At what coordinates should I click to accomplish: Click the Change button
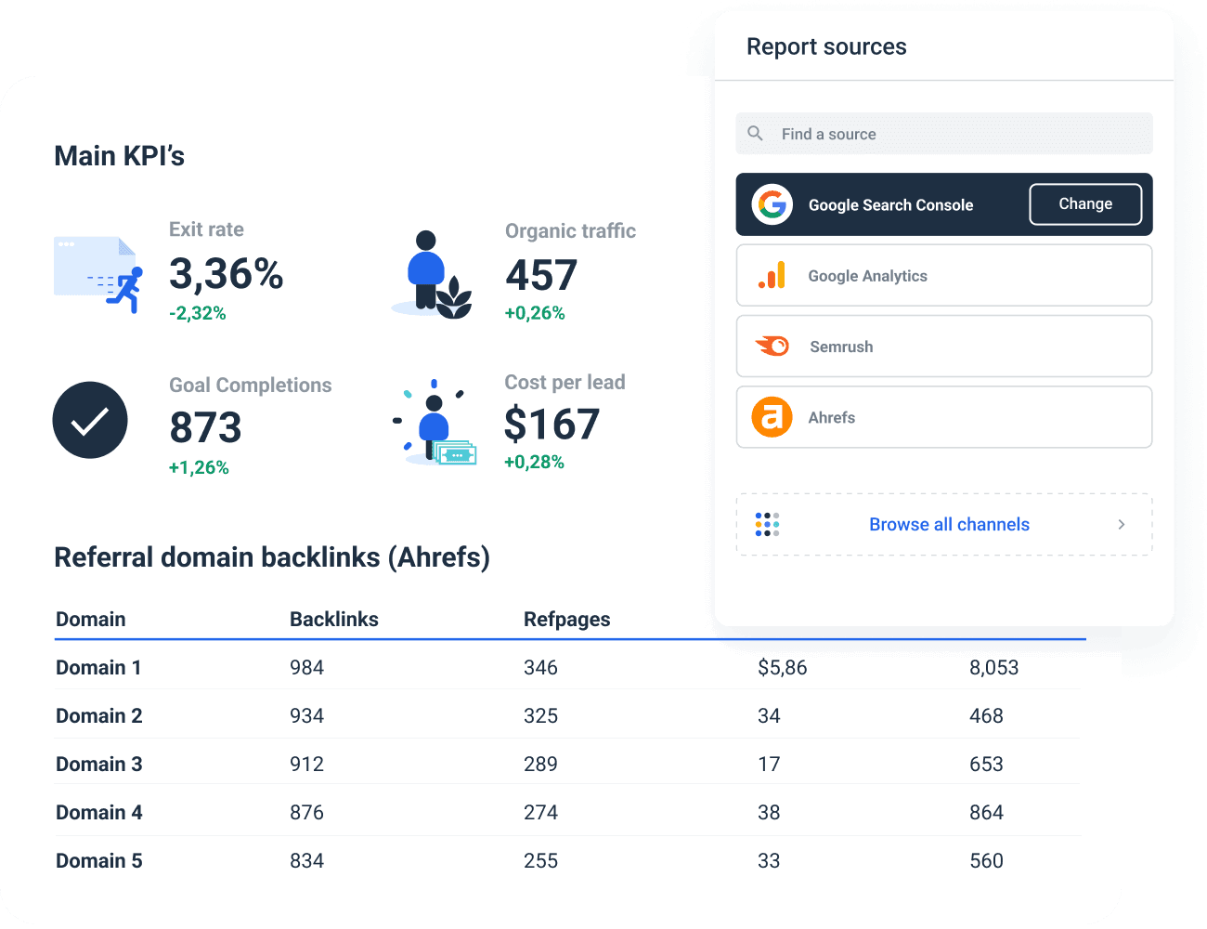tap(1085, 204)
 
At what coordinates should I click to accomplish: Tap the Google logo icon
tap(772, 204)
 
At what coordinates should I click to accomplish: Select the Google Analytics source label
tap(867, 276)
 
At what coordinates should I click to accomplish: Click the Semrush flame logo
tap(772, 347)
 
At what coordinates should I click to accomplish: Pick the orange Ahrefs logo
tap(772, 417)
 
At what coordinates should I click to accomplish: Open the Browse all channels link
tap(949, 525)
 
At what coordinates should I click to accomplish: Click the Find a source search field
tap(943, 134)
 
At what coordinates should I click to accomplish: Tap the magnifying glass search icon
tap(756, 134)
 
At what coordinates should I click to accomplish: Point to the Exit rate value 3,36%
tap(226, 274)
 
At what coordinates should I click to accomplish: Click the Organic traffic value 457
tap(541, 275)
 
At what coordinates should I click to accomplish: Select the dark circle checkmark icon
tap(90, 420)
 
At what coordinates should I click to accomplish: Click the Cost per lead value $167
tap(552, 425)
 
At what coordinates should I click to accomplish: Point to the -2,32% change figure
tap(198, 313)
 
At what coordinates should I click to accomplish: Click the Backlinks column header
tap(334, 620)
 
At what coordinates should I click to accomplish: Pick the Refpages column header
tap(566, 620)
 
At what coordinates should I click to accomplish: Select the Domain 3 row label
tap(99, 765)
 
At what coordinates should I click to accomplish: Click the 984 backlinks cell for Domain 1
tap(306, 668)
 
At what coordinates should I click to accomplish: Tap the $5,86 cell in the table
tap(782, 668)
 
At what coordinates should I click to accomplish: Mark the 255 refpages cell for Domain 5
tap(540, 861)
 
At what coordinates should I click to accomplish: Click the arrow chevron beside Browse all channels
tap(1122, 525)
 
